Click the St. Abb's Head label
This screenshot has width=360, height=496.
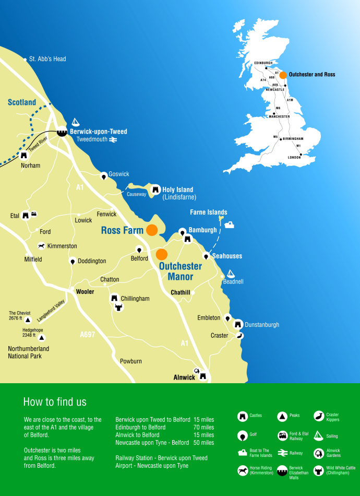47,59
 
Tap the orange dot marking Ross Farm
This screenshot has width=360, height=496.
152,230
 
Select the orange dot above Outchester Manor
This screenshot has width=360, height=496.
162,254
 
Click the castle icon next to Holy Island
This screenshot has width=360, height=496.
155,190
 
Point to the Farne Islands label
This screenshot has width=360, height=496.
208,212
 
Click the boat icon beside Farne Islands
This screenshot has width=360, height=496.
230,224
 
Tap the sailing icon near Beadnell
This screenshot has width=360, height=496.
230,273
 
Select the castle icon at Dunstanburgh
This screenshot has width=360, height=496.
238,324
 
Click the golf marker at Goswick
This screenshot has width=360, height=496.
104,176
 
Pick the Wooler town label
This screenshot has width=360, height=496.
85,292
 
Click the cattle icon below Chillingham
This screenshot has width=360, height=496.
119,308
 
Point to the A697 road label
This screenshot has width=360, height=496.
88,334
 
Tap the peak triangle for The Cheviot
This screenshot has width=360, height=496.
28,320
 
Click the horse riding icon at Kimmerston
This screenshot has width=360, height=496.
41,246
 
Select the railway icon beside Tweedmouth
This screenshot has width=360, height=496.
113,139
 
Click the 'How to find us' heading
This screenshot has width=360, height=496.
55,401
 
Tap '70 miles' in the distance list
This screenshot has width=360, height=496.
203,427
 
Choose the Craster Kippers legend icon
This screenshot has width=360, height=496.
318,416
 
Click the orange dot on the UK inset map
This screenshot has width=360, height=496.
283,75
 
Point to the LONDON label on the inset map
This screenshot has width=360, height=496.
295,157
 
